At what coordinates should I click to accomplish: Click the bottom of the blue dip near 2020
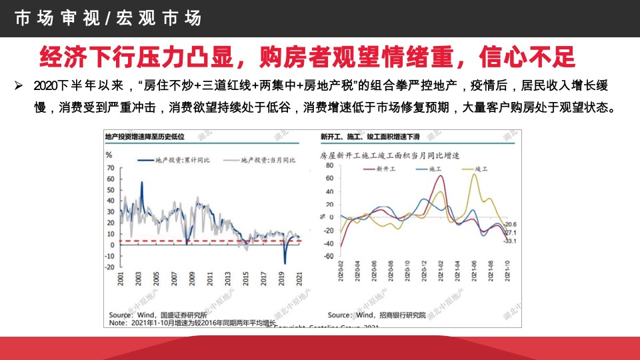pos(285,263)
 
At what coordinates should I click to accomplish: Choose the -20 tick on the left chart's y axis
pos(110,267)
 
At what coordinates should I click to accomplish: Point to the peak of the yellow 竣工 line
pos(475,175)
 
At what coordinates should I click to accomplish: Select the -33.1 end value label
pos(510,241)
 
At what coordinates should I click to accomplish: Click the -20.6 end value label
pos(511,225)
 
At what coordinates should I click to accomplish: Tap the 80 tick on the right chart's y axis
pos(329,165)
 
